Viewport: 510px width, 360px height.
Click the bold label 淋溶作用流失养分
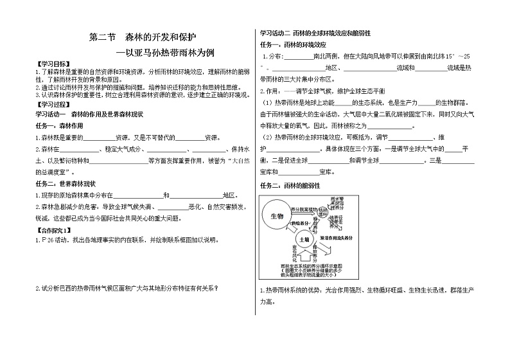click(x=339, y=238)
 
